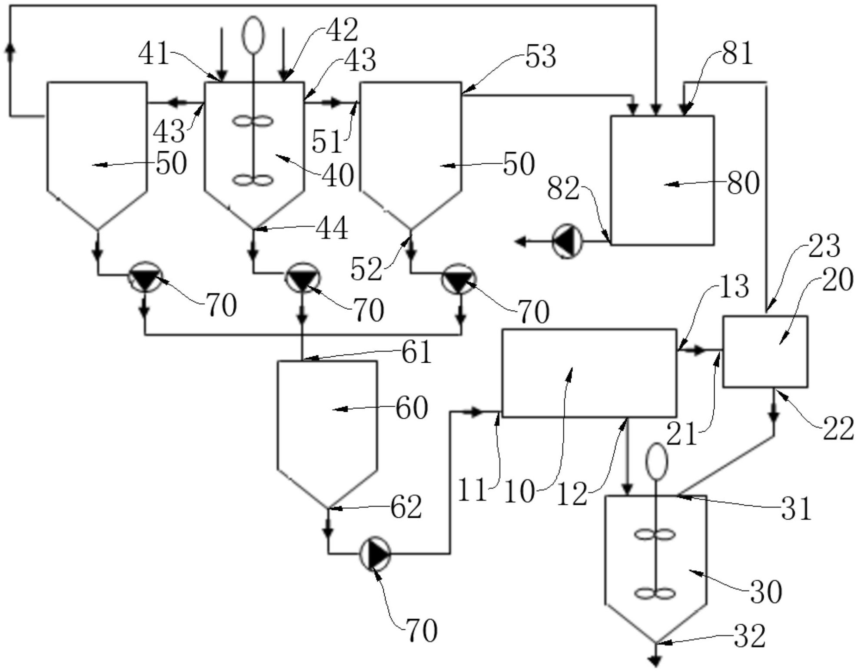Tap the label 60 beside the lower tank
pos(411,408)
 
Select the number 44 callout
pos(332,228)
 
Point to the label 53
pos(540,57)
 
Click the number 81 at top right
pos(737,54)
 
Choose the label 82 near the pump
pos(563,189)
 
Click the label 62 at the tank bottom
pos(406,506)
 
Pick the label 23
pos(824,246)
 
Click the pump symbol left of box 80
pos(567,242)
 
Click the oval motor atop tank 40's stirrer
pos(253,35)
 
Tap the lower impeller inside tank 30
pos(655,593)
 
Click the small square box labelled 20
pos(765,351)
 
